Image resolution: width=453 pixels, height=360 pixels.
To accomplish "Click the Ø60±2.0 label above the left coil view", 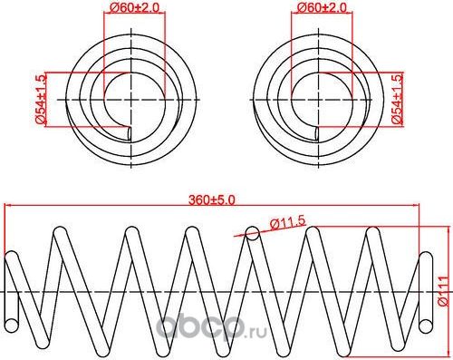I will (x=133, y=9).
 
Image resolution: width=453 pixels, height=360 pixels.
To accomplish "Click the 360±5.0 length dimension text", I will (x=212, y=199).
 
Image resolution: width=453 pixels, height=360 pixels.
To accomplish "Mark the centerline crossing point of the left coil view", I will (x=133, y=97).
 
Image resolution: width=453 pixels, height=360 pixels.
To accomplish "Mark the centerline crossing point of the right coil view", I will (x=321, y=97).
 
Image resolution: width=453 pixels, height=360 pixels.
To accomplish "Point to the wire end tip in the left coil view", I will (x=132, y=134).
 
